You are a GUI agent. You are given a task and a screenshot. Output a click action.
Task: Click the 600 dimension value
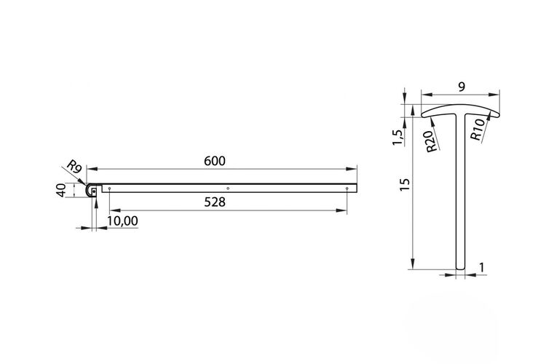(215, 161)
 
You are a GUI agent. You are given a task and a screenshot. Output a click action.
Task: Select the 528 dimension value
(215, 202)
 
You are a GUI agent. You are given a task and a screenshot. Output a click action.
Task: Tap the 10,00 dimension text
(122, 221)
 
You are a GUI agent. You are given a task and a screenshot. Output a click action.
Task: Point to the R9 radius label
(74, 166)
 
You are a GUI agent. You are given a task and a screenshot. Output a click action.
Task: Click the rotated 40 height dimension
(61, 191)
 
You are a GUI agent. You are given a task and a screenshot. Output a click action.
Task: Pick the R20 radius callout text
(432, 141)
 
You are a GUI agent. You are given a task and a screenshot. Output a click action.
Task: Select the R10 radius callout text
(478, 130)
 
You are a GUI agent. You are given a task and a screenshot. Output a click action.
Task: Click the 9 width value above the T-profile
(462, 87)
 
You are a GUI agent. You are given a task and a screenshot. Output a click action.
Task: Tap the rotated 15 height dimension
(405, 184)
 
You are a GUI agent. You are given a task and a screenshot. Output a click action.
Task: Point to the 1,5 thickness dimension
(397, 138)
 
